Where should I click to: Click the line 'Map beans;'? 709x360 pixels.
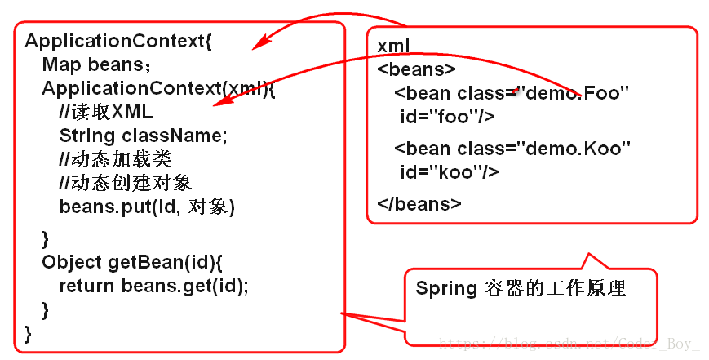click(x=96, y=64)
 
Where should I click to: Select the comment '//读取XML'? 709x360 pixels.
click(x=106, y=112)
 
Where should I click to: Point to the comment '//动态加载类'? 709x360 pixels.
click(x=116, y=159)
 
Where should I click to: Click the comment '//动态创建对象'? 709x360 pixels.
click(x=126, y=183)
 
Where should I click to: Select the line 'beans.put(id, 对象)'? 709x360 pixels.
click(x=147, y=207)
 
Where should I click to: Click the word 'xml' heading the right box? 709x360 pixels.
click(x=393, y=45)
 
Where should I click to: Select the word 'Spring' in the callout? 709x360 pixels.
click(x=445, y=288)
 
